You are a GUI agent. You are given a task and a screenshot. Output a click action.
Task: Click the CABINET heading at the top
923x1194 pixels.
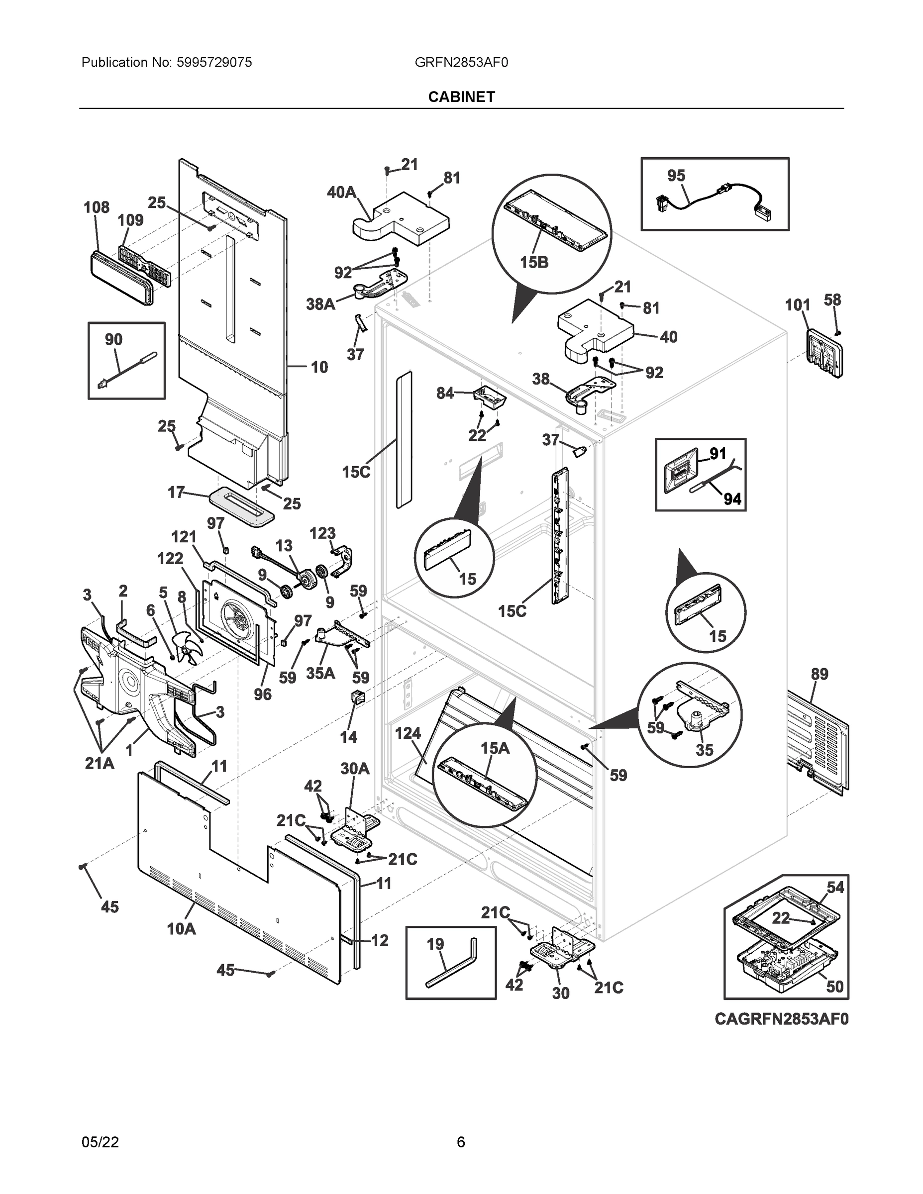(x=462, y=97)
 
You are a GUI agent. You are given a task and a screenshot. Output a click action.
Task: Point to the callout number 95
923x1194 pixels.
(x=676, y=176)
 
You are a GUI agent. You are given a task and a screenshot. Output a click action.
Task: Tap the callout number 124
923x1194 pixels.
(x=408, y=733)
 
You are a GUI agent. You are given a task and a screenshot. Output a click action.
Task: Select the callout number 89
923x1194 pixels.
(x=819, y=674)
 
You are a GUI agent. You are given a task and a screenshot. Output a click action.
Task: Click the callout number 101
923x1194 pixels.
(x=797, y=304)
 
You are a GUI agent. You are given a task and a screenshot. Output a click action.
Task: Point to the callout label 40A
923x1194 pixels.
(x=341, y=192)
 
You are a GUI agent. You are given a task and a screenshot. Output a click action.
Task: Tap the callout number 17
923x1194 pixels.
(x=176, y=492)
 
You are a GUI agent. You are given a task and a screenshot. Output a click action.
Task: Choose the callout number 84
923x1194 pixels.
(x=445, y=393)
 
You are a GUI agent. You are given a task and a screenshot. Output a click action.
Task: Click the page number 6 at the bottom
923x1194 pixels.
(x=461, y=1142)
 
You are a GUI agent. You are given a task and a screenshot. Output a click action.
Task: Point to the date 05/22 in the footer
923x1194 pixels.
(x=100, y=1142)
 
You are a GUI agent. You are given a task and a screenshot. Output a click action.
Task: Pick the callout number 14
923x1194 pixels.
(x=348, y=737)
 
